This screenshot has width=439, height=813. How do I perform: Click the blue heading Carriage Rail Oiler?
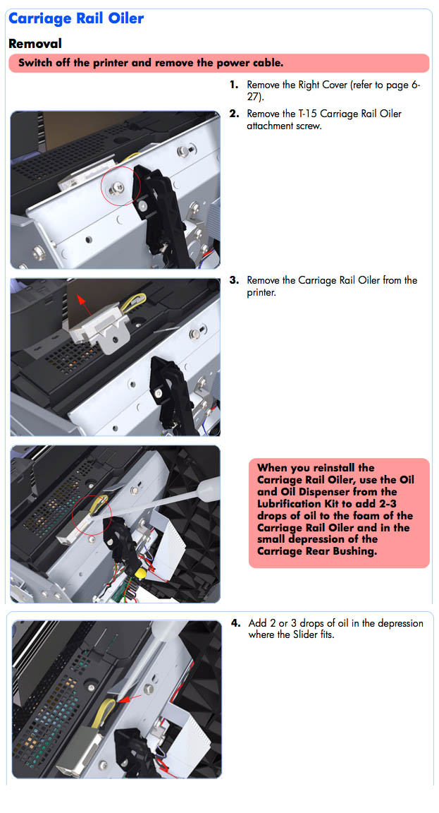click(x=76, y=18)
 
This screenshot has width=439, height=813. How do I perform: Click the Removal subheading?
click(x=35, y=44)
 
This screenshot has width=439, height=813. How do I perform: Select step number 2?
click(x=234, y=114)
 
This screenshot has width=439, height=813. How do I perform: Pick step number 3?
click(x=234, y=280)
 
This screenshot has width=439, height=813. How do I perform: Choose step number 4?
click(x=235, y=622)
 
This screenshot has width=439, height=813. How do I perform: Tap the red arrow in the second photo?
click(x=85, y=304)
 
